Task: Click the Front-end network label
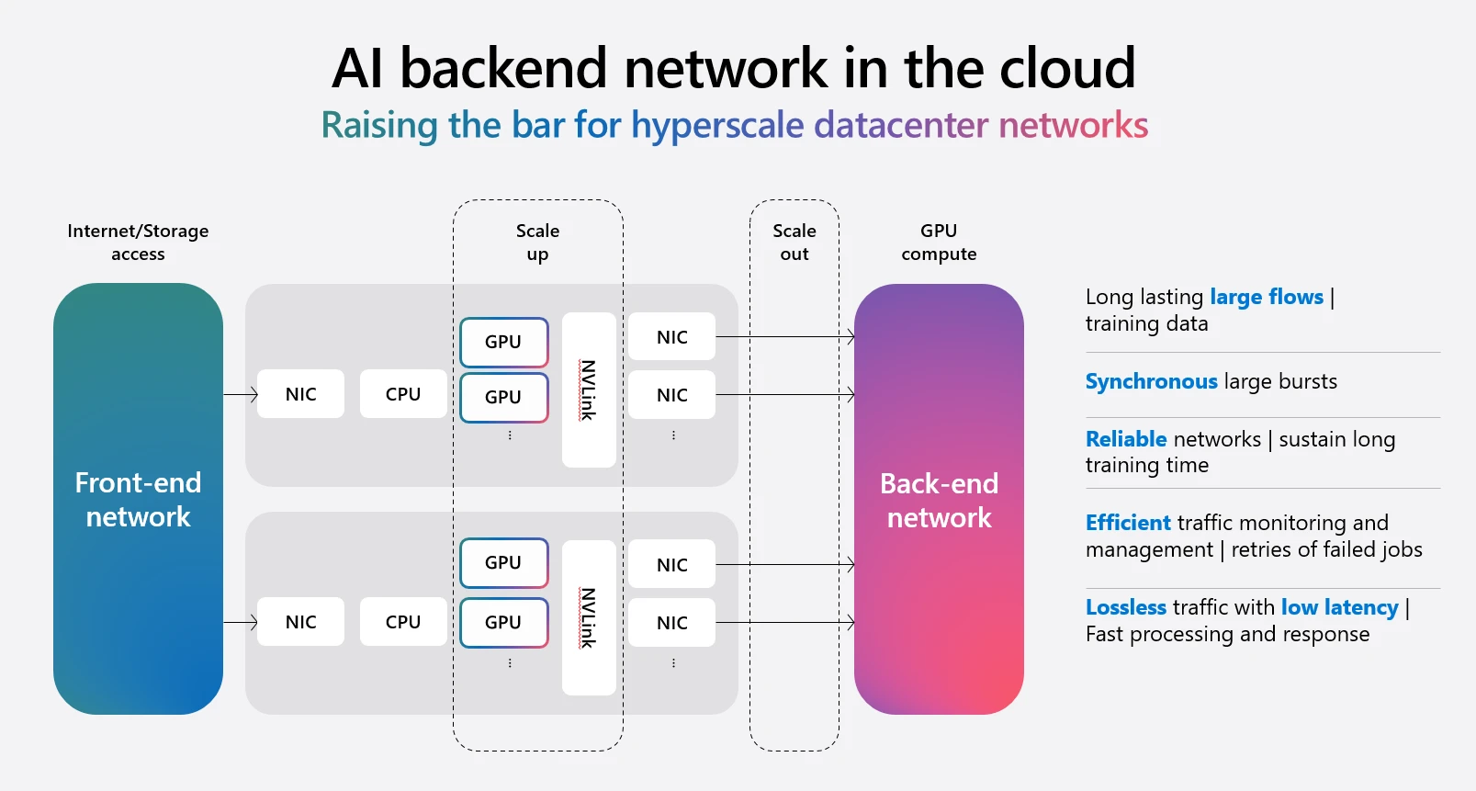pyautogui.click(x=138, y=500)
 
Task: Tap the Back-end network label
pyautogui.click(x=939, y=501)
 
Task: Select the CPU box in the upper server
pyautogui.click(x=403, y=394)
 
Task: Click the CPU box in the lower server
pyautogui.click(x=403, y=622)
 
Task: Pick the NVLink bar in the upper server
pyautogui.click(x=589, y=390)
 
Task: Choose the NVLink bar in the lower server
pyautogui.click(x=589, y=617)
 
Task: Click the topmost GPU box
pyautogui.click(x=504, y=342)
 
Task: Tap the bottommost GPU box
pyautogui.click(x=504, y=622)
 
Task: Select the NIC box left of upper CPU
pyautogui.click(x=300, y=394)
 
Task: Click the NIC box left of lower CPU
pyautogui.click(x=300, y=622)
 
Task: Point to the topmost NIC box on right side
pyautogui.click(x=671, y=337)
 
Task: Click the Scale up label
pyautogui.click(x=537, y=243)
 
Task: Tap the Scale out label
pyautogui.click(x=794, y=243)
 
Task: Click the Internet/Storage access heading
pyautogui.click(x=138, y=243)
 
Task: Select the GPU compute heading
pyautogui.click(x=939, y=243)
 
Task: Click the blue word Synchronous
pyautogui.click(x=1151, y=381)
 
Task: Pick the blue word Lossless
pyautogui.click(x=1125, y=607)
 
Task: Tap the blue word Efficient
pyautogui.click(x=1128, y=523)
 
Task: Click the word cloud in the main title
pyautogui.click(x=1067, y=69)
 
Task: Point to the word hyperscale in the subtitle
pyautogui.click(x=717, y=126)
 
